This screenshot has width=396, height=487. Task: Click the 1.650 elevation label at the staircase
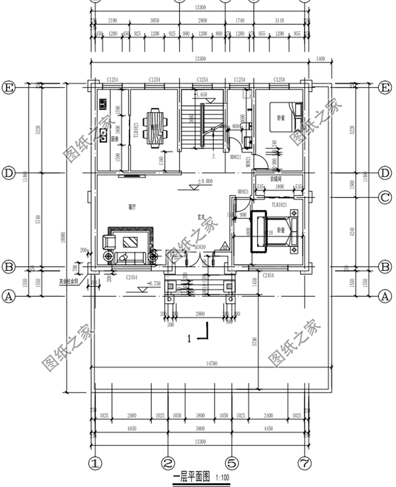pos(201,95)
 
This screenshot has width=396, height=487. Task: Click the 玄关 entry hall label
pos(201,217)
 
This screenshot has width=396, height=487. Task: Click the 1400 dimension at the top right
pos(319,60)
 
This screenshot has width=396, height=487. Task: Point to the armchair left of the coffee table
pos(109,242)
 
